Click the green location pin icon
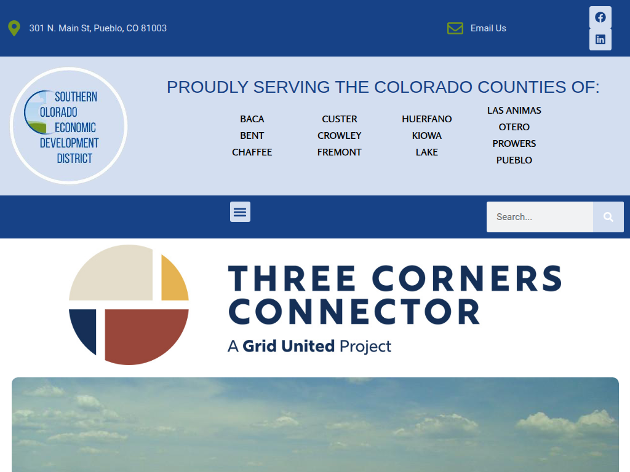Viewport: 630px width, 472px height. tap(14, 28)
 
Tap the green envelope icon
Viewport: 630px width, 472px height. tap(455, 28)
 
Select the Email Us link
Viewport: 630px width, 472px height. tap(488, 28)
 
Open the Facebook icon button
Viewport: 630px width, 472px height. tap(600, 17)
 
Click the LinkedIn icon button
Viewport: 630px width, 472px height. tap(600, 39)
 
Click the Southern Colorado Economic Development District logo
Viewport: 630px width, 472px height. tap(69, 126)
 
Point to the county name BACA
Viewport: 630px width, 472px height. tap(252, 119)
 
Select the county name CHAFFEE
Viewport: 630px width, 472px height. tap(252, 152)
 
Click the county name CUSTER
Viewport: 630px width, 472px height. tap(340, 119)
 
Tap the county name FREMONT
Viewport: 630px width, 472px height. tap(340, 152)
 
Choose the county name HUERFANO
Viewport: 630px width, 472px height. tap(427, 119)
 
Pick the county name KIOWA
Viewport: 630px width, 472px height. tap(427, 136)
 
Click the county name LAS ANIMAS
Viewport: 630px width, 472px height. tap(514, 111)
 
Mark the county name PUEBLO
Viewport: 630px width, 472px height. tap(514, 160)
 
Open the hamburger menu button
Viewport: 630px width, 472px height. tap(241, 211)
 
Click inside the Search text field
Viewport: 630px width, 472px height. tap(540, 217)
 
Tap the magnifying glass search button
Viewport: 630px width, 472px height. tap(608, 217)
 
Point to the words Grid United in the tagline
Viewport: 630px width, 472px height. tap(289, 346)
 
